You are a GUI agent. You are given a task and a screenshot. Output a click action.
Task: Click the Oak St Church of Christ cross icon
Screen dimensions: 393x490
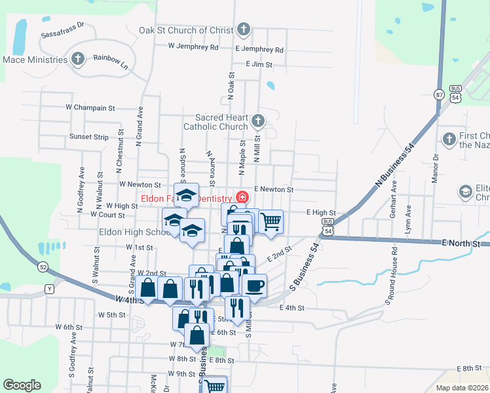(243, 29)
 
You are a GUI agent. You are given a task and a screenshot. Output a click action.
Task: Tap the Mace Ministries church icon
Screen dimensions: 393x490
(78, 60)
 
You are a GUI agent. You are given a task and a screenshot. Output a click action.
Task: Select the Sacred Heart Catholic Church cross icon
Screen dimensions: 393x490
(257, 121)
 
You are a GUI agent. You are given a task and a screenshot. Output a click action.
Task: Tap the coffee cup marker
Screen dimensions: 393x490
(254, 286)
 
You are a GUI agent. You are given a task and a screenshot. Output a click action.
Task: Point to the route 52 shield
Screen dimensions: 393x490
(43, 267)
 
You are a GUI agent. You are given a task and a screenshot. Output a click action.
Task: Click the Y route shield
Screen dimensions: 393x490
(48, 289)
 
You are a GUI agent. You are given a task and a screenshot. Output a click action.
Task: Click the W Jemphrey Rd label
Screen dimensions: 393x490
(193, 47)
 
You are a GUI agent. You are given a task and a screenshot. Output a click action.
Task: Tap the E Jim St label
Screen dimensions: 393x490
(259, 64)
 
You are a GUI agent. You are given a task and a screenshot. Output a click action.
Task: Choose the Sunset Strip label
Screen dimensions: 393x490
(89, 137)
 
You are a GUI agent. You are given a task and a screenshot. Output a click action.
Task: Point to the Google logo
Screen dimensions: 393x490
(22, 386)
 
